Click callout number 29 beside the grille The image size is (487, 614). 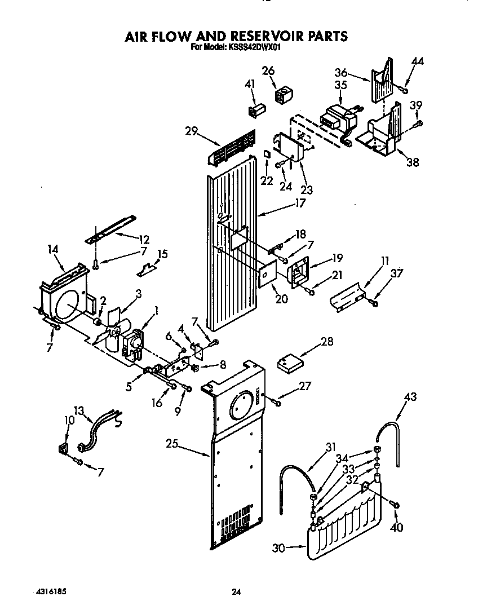point(191,131)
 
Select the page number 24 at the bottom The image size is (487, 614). point(237,592)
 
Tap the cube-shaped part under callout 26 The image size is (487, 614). point(282,93)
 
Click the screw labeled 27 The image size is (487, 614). point(277,401)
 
